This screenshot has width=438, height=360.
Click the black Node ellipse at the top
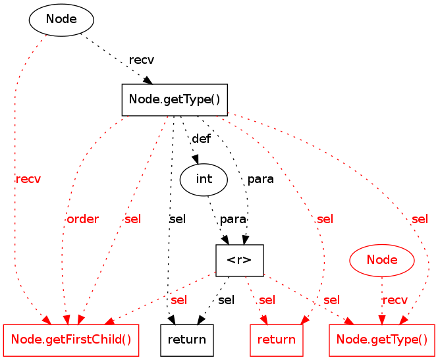click(61, 20)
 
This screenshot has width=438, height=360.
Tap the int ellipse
click(204, 178)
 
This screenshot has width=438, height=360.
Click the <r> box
click(240, 260)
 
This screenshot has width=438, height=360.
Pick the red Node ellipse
click(382, 260)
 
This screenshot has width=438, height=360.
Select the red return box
click(277, 340)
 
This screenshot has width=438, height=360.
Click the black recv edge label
click(142, 60)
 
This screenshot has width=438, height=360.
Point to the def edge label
click(201, 139)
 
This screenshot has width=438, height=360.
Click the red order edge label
click(82, 219)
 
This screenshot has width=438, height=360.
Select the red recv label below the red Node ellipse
click(395, 300)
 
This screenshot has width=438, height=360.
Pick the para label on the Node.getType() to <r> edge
click(261, 179)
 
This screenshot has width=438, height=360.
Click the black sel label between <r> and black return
click(226, 300)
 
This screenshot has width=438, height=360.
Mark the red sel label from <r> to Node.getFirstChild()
click(178, 300)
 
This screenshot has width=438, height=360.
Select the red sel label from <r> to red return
click(267, 300)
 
